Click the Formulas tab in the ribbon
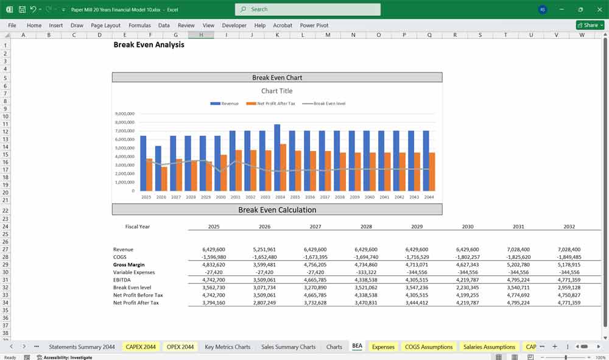139,26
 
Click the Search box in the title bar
308,9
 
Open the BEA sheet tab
357,347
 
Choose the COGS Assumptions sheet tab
429,347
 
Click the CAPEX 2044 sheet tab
141,347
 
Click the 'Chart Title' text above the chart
277,91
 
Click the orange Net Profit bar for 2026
164,178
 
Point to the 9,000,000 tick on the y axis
124,114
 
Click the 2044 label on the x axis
429,197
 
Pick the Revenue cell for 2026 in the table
264,249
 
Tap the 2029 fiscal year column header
417,227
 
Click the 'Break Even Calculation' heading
277,210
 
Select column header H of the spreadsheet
200,35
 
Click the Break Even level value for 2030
467,288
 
